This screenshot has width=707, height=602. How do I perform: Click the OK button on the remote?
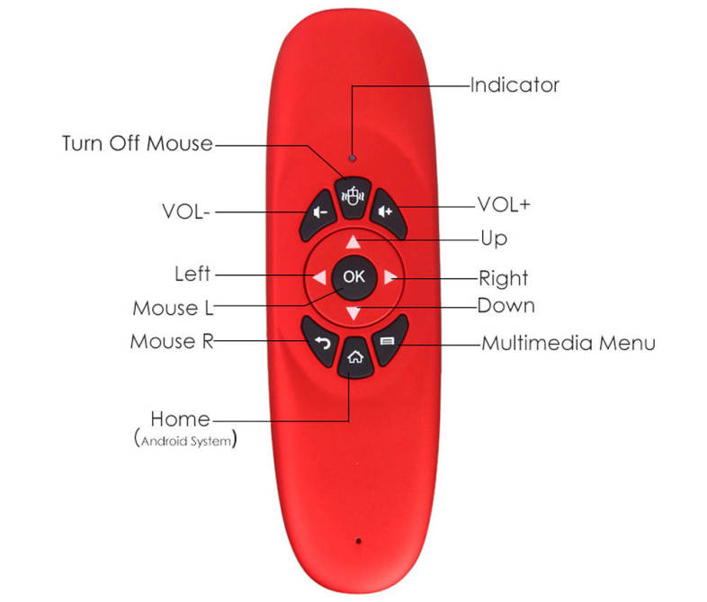point(353,276)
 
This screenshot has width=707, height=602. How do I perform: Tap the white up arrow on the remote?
point(353,241)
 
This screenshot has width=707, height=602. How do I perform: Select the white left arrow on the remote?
point(319,277)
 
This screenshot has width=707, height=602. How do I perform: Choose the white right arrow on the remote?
point(389,277)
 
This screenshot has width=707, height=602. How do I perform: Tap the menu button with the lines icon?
point(388,343)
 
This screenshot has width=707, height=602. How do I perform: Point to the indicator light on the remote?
point(353,158)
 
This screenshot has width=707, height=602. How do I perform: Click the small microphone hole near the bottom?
point(358,542)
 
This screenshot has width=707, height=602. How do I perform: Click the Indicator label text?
point(515,85)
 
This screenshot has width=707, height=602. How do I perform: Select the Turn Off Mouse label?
point(138,143)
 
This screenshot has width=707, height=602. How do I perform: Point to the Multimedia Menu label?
point(568,343)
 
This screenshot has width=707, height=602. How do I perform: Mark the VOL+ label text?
point(504,204)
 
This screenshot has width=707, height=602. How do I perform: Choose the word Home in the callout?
point(180,418)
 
